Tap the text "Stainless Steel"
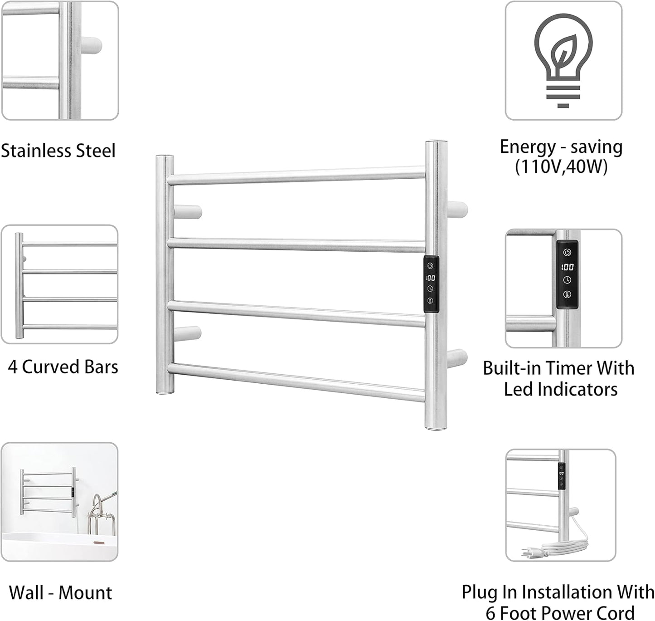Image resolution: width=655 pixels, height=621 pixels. [58, 151]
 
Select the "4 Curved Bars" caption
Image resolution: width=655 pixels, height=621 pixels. [63, 367]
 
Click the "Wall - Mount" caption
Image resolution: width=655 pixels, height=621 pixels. [60, 592]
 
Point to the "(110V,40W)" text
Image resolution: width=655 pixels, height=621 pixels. [561, 167]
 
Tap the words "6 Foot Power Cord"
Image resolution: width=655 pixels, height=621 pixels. [560, 612]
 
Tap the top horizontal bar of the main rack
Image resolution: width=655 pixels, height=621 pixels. [297, 176]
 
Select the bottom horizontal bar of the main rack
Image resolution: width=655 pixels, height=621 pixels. [297, 382]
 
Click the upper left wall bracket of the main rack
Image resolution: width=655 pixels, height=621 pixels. [187, 212]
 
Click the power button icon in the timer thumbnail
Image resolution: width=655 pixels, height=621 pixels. [567, 252]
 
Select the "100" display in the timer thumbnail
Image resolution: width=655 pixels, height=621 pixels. [567, 267]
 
